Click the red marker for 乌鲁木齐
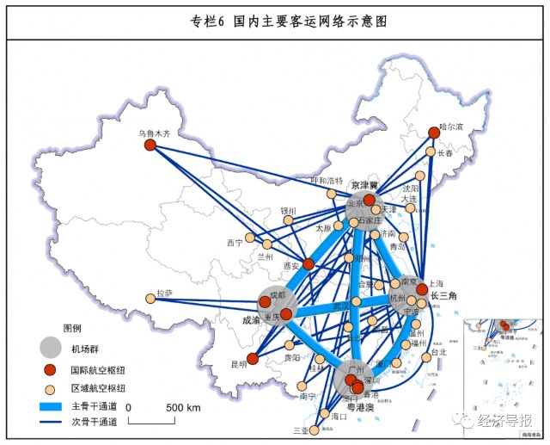[x=150, y=145]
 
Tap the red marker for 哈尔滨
[x=435, y=133]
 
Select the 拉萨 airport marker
[x=151, y=299]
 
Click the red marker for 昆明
[x=252, y=359]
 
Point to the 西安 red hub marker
[x=308, y=263]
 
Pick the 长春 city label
[x=444, y=154]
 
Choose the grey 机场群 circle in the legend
[x=52, y=348]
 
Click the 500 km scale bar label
[x=182, y=406]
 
